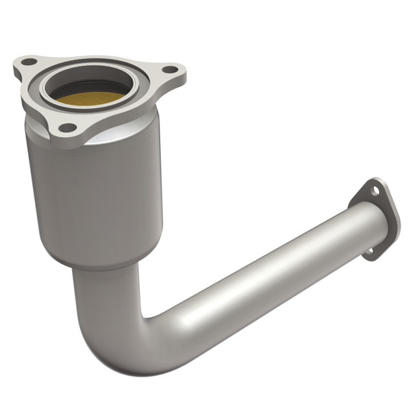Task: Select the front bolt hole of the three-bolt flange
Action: (x=66, y=127)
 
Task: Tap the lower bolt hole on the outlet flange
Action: (x=370, y=252)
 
